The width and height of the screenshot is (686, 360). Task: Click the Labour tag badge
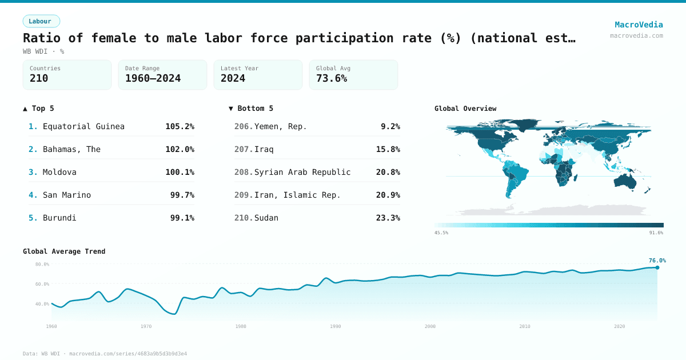tap(41, 21)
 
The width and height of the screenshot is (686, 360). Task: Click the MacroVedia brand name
tap(639, 25)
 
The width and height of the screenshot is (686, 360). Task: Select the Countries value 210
tap(39, 78)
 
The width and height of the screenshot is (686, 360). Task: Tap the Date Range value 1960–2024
tap(153, 78)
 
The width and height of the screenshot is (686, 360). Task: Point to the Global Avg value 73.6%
tap(332, 78)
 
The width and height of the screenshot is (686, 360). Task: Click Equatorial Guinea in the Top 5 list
tap(83, 126)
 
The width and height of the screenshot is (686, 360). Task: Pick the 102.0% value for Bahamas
tap(180, 149)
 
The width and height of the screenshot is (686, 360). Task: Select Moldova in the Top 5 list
tap(59, 172)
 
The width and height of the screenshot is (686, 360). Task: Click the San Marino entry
tap(67, 195)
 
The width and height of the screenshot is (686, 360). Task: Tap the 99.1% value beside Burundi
tap(182, 218)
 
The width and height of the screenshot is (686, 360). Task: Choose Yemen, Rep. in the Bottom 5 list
tap(280, 126)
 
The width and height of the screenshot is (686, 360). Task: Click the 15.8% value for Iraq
tap(388, 149)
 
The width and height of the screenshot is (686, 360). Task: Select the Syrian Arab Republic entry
tap(302, 172)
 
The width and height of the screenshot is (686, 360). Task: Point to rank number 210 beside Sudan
tap(243, 218)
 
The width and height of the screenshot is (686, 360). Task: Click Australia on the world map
tap(628, 181)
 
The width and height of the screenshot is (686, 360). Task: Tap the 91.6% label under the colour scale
tap(656, 233)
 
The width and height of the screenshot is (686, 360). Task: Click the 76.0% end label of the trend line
tap(657, 261)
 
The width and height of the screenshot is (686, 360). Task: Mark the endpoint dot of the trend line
tap(657, 267)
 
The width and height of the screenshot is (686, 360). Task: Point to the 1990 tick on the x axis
tap(336, 326)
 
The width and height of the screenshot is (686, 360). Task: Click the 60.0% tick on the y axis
tap(42, 284)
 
